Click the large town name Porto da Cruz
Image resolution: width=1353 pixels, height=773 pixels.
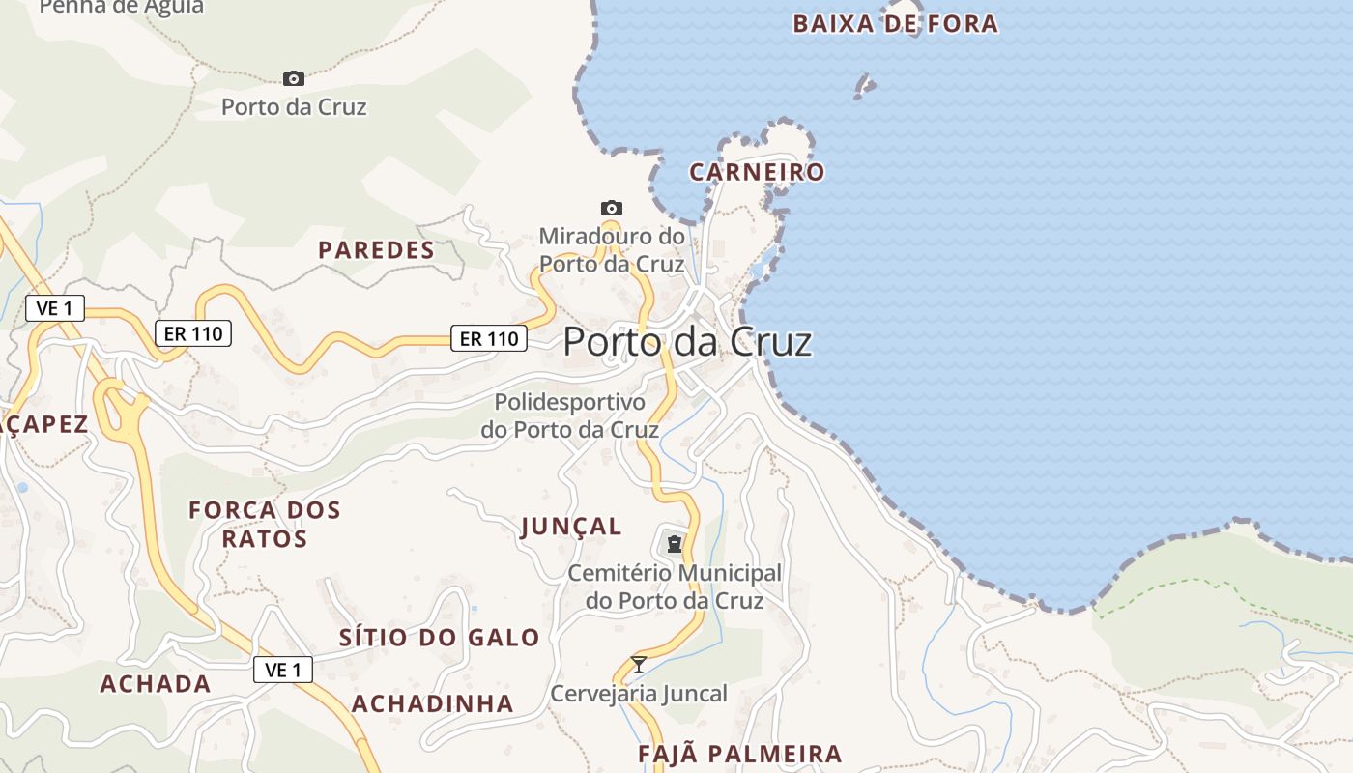click(687, 342)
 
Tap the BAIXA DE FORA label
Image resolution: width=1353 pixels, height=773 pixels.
click(895, 24)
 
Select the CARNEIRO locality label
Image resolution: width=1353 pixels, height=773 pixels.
click(757, 173)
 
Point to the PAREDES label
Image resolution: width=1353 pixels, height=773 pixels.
click(377, 250)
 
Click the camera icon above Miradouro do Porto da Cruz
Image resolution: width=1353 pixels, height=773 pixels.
click(611, 208)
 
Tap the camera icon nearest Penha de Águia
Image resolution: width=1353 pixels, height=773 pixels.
click(294, 78)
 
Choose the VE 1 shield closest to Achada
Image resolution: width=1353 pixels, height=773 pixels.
click(283, 670)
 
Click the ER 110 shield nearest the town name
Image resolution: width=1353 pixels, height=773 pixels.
click(489, 338)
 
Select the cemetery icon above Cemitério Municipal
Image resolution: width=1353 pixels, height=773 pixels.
click(674, 543)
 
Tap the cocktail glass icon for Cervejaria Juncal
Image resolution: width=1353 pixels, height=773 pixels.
click(638, 664)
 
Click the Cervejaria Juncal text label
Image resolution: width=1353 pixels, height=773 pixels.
click(639, 694)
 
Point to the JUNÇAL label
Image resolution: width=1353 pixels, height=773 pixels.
click(571, 527)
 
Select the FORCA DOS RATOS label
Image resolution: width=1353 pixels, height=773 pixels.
click(265, 524)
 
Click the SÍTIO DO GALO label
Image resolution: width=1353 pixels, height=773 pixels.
click(440, 638)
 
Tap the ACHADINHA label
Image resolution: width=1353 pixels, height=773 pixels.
click(432, 703)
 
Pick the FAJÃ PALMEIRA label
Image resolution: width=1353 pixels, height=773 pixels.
click(740, 754)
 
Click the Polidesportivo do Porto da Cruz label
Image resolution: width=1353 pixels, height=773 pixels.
click(570, 415)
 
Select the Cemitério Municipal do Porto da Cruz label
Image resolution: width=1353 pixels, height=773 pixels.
click(675, 587)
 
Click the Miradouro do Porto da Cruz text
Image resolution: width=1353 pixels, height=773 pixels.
click(612, 249)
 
